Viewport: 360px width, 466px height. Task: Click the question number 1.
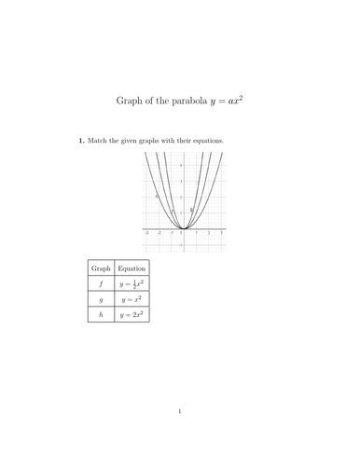[x=79, y=141]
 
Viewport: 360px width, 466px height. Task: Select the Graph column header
[x=100, y=267]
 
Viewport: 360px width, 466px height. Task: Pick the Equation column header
[x=132, y=267]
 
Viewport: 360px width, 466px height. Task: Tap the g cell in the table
[x=100, y=300]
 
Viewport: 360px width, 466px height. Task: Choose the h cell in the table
[x=100, y=316]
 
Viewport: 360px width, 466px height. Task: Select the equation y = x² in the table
[x=132, y=300]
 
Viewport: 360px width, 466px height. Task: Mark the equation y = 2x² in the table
[x=132, y=316]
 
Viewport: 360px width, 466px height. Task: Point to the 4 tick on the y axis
[x=180, y=164]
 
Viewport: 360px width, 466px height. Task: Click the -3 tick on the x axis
[x=146, y=232]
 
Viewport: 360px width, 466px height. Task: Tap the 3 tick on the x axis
[x=221, y=232]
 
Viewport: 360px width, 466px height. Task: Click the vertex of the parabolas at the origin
[x=184, y=228]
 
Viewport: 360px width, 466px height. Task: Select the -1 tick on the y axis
[x=180, y=244]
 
